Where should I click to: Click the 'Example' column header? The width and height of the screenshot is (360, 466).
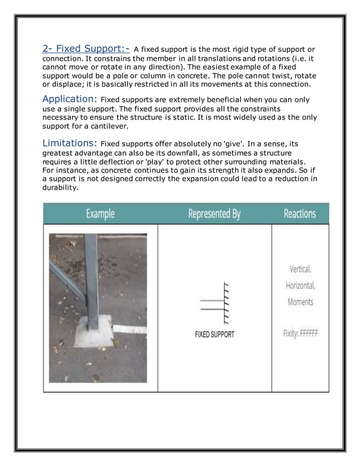pyautogui.click(x=100, y=214)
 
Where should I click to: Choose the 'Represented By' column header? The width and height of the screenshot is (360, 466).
pyautogui.click(x=214, y=214)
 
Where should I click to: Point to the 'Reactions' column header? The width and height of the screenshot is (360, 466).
pyautogui.click(x=300, y=214)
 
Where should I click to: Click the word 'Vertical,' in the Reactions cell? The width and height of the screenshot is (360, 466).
pyautogui.click(x=300, y=269)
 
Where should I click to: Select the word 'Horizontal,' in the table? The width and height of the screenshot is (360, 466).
pyautogui.click(x=300, y=285)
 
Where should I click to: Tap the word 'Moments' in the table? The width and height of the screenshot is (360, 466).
pyautogui.click(x=300, y=302)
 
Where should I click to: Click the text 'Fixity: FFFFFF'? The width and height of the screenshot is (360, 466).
pyautogui.click(x=300, y=333)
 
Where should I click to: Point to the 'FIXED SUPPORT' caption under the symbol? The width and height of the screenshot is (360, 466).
pyautogui.click(x=214, y=334)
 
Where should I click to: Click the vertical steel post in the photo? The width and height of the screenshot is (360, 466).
pyautogui.click(x=91, y=276)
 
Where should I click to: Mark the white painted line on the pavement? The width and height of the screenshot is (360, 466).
pyautogui.click(x=129, y=328)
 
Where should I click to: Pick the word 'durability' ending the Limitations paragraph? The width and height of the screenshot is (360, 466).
pyautogui.click(x=60, y=187)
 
